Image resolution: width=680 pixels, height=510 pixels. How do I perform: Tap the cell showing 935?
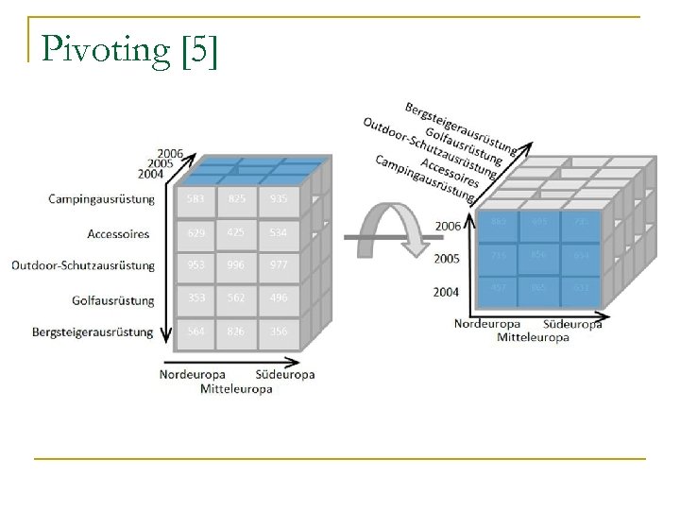(279, 199)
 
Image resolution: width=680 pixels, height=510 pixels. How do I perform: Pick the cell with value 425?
(238, 232)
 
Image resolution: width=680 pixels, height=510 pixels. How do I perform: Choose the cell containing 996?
(238, 265)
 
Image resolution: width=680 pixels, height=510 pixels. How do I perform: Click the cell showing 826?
(238, 331)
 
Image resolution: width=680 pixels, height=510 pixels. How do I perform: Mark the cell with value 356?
(279, 331)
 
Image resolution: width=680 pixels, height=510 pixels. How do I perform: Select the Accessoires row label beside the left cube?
(119, 232)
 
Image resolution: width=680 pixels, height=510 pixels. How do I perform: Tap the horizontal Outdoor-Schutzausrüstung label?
(83, 265)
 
